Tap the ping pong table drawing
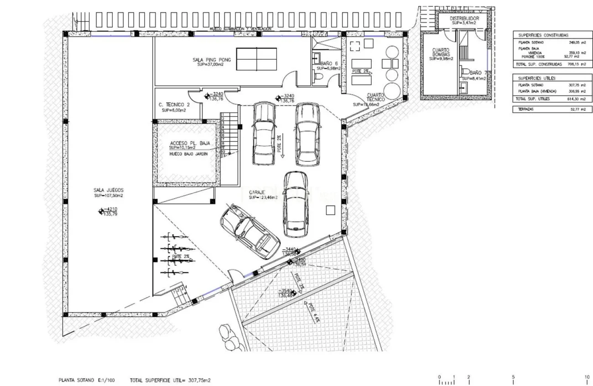click(257, 58)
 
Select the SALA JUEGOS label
click(109, 190)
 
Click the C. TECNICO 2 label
click(174, 104)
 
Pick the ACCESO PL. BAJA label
click(189, 143)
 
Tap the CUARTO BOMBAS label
click(441, 52)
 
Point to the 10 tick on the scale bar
click(587, 377)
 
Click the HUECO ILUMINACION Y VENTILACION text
click(240, 29)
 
